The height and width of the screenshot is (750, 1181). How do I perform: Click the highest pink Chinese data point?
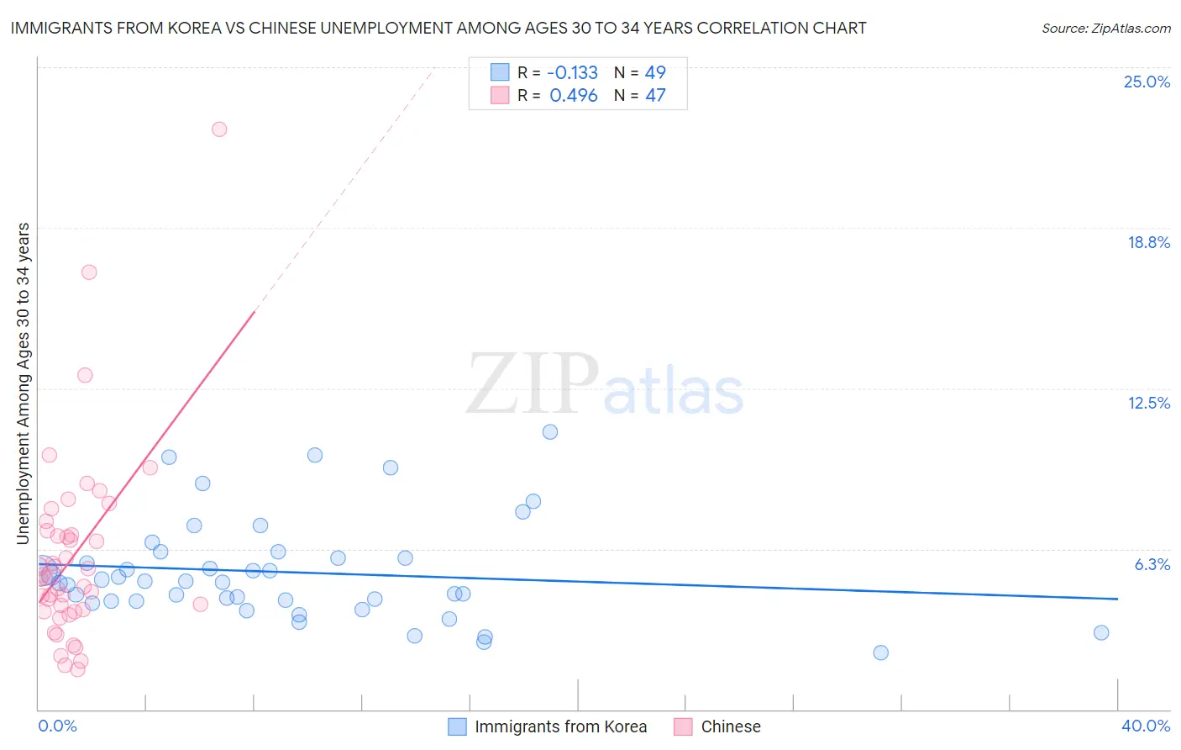[x=219, y=129]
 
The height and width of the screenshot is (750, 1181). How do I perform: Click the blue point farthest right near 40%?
[x=1101, y=633]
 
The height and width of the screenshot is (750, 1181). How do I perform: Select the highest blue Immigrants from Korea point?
[x=550, y=432]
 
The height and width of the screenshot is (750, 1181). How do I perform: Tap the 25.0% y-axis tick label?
[x=1147, y=82]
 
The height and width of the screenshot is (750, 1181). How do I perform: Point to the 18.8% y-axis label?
[x=1148, y=242]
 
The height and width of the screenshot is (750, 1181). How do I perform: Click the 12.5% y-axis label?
[x=1148, y=403]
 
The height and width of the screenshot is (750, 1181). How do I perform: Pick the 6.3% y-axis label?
[x=1152, y=564]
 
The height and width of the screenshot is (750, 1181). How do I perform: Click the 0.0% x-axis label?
[x=57, y=726]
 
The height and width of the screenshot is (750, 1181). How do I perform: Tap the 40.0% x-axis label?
[x=1145, y=726]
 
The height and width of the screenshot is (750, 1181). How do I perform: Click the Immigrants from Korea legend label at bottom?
[x=560, y=726]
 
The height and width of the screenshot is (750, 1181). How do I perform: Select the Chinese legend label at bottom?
[x=731, y=726]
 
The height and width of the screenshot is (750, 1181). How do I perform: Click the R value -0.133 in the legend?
[x=572, y=72]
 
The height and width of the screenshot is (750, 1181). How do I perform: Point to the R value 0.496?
[x=574, y=96]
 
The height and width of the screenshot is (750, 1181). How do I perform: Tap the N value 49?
[x=655, y=72]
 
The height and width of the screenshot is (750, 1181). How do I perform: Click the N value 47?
[x=655, y=96]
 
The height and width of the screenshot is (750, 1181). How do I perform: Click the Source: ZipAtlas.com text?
[x=1105, y=28]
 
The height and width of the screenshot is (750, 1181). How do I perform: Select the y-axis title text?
[x=24, y=383]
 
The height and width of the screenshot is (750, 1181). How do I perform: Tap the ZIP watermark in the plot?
[x=533, y=384]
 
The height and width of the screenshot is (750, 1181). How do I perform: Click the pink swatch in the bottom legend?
[x=683, y=726]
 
